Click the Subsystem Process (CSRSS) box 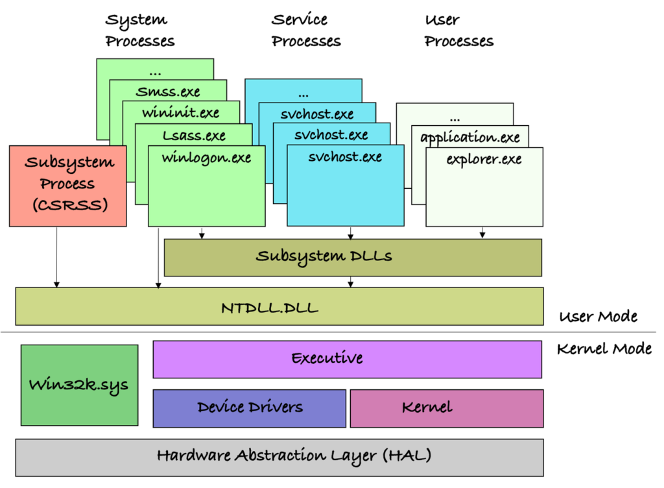click(x=67, y=186)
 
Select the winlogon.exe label click(x=206, y=158)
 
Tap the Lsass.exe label click(x=194, y=136)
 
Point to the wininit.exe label click(x=181, y=113)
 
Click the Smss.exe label click(x=168, y=91)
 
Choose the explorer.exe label click(x=484, y=159)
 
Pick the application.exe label click(x=470, y=138)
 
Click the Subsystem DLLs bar click(x=353, y=257)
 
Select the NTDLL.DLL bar click(x=279, y=306)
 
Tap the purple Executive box click(x=347, y=359)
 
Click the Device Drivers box click(x=250, y=408)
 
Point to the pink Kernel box click(x=446, y=408)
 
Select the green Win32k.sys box click(x=79, y=385)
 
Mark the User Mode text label click(x=598, y=317)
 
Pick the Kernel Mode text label click(x=604, y=349)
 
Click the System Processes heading click(x=140, y=30)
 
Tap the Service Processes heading click(x=306, y=30)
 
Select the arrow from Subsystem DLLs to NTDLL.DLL click(x=351, y=282)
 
